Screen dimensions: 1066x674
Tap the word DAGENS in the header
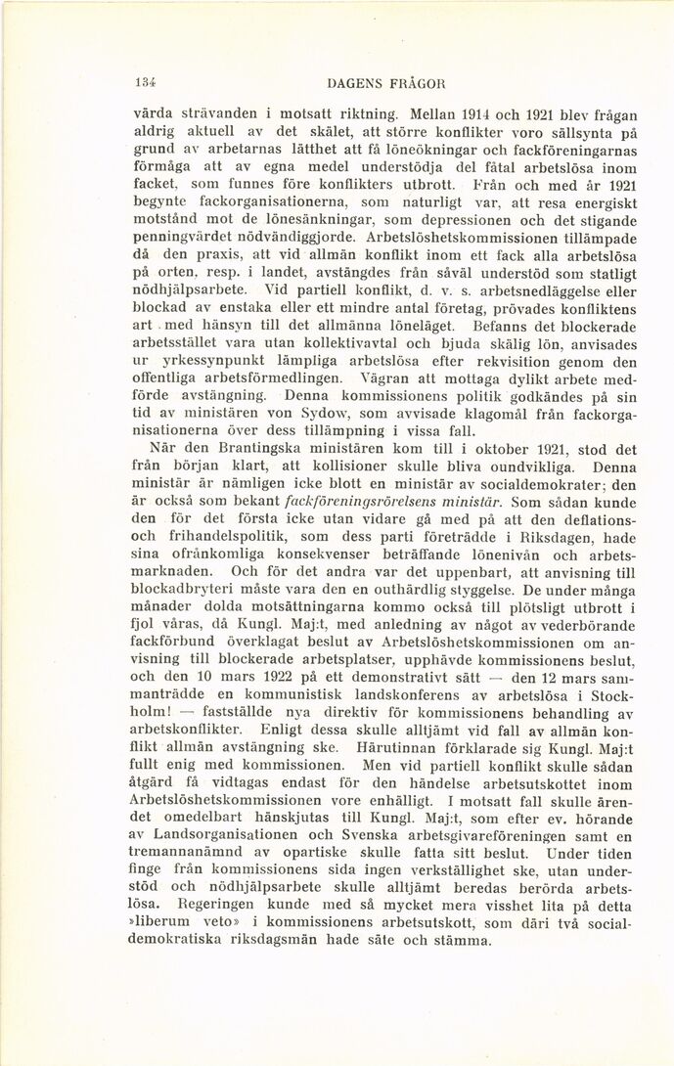click(353, 85)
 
